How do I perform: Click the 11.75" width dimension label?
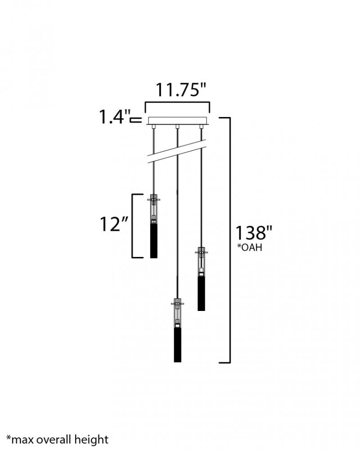(x=181, y=90)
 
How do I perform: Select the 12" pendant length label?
(x=114, y=224)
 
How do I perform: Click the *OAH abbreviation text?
(x=249, y=247)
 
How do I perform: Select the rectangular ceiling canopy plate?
(x=178, y=121)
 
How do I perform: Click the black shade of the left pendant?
(x=154, y=241)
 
